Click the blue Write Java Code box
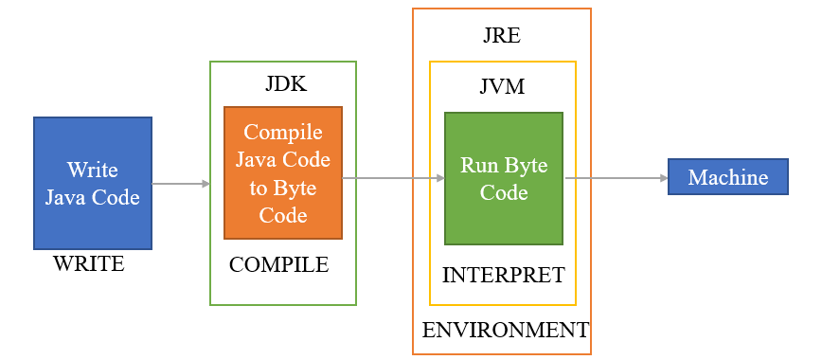(x=93, y=183)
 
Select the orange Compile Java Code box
(x=282, y=172)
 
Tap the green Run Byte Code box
(x=503, y=178)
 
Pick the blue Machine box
(x=728, y=177)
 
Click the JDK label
(x=285, y=84)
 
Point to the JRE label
(x=502, y=36)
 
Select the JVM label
(x=502, y=87)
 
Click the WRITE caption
(x=89, y=263)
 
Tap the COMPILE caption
(x=278, y=265)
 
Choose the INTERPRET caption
(x=503, y=276)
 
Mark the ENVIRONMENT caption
(x=505, y=331)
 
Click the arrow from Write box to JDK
(x=180, y=183)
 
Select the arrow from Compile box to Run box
(x=393, y=177)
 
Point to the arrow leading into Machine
(x=615, y=177)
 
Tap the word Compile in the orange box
(x=283, y=133)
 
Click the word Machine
(x=728, y=177)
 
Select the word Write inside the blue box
(x=93, y=170)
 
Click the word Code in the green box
(x=503, y=191)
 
